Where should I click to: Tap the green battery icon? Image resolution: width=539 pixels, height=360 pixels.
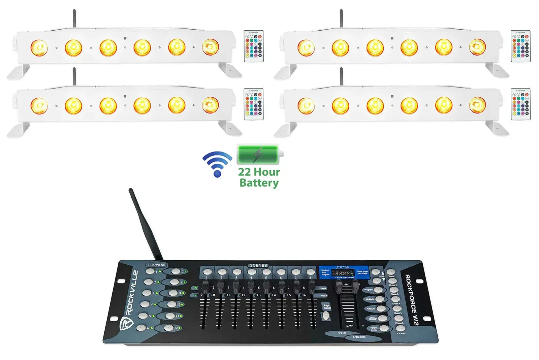(259, 155)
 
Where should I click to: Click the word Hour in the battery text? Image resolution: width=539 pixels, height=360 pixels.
(267, 172)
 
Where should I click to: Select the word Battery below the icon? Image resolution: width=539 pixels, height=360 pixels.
(259, 183)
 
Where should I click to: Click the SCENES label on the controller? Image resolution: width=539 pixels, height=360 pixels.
(258, 265)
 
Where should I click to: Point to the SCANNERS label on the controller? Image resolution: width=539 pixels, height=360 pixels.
(157, 265)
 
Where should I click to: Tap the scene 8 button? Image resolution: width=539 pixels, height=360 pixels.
(310, 272)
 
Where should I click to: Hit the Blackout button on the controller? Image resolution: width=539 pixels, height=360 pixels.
(400, 328)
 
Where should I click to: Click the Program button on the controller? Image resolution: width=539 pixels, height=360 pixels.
(378, 290)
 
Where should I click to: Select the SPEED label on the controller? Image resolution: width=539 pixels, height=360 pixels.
(342, 333)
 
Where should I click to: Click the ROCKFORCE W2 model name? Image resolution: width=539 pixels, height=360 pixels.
(411, 300)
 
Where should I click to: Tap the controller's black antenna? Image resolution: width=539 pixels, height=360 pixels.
(145, 224)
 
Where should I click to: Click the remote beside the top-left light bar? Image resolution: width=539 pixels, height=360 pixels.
(253, 46)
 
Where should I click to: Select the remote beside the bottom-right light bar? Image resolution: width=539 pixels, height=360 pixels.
(520, 104)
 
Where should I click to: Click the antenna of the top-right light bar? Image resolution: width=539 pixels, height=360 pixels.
(341, 19)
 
